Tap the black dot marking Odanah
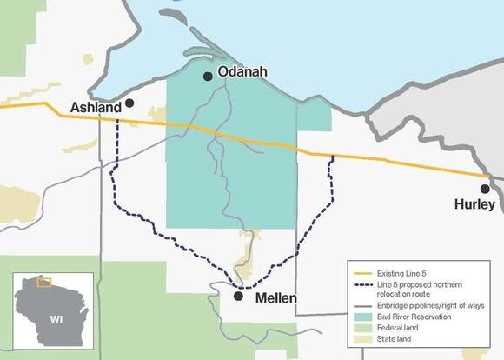(x=208, y=77)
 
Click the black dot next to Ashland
(x=129, y=103)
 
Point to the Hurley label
(x=474, y=204)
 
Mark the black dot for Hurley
(x=485, y=187)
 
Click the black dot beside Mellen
(x=240, y=297)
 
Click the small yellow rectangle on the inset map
(x=45, y=282)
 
